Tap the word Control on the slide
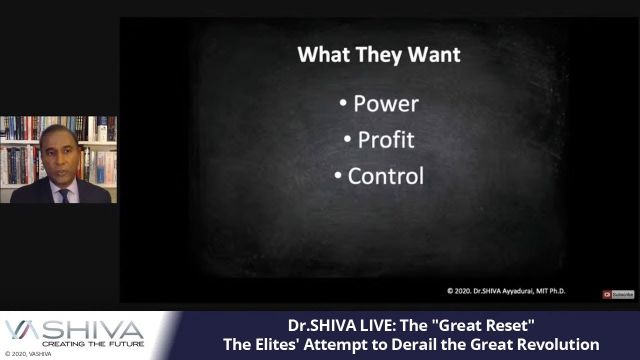pos(385,176)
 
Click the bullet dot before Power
pos(343,104)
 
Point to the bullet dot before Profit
pos(349,140)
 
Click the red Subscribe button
pos(619,294)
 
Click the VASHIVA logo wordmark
pos(74,328)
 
